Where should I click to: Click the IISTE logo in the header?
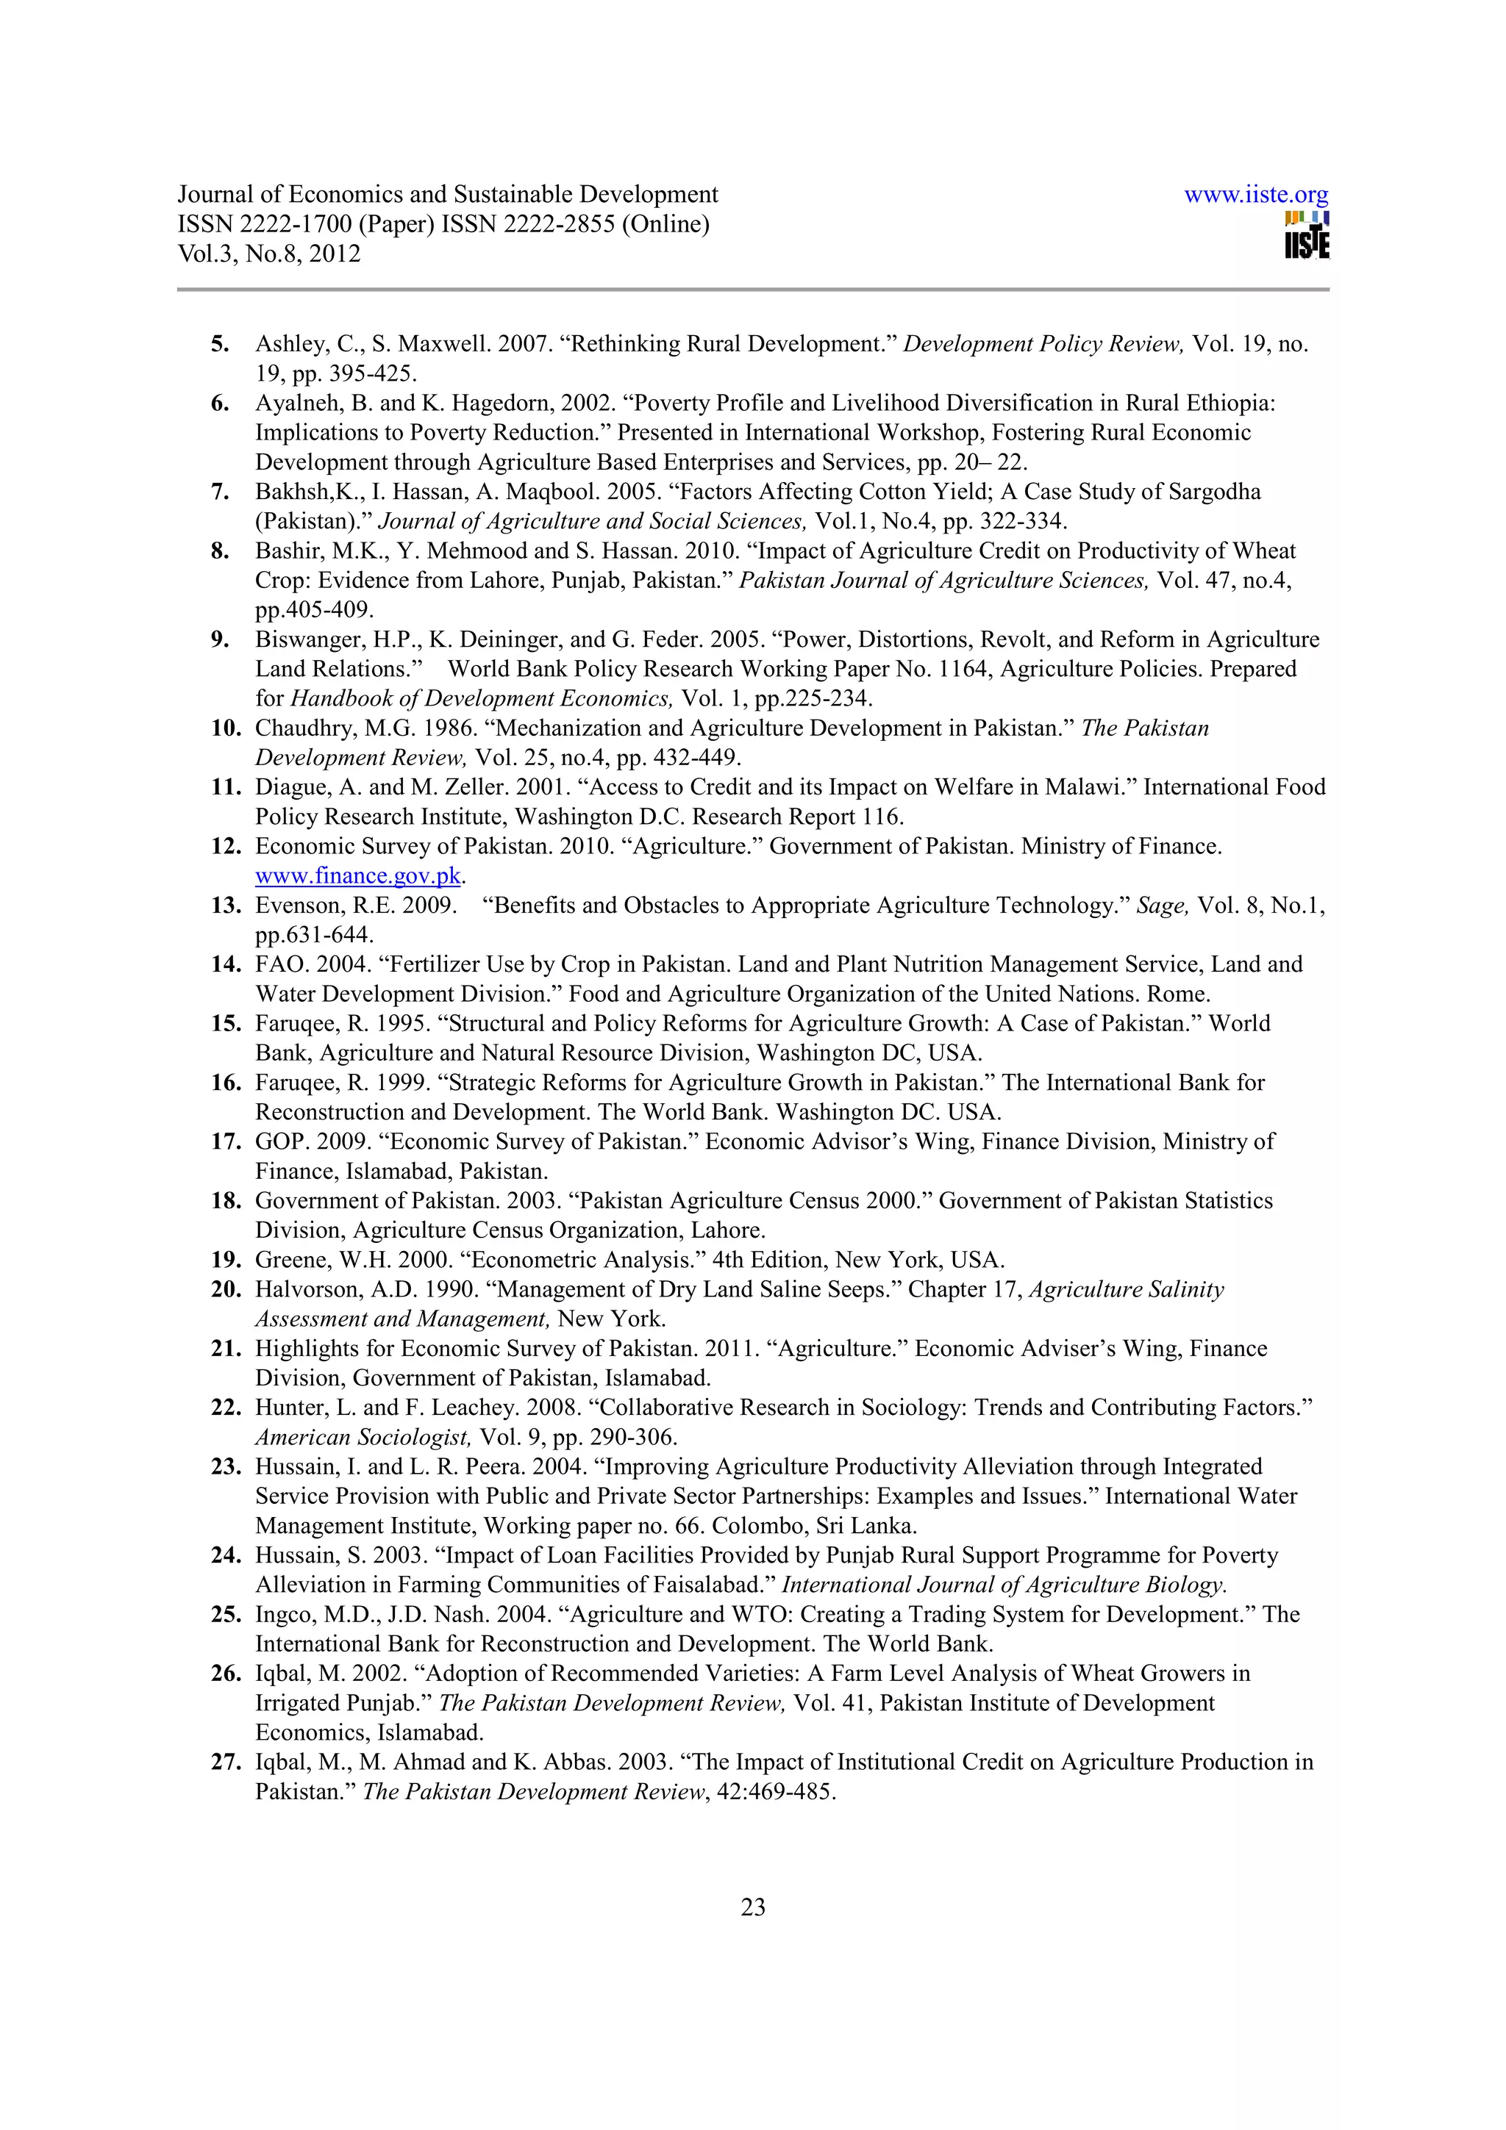(1307, 237)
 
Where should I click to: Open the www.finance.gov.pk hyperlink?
(358, 876)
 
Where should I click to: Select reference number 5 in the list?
(220, 344)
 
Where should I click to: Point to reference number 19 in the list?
(226, 1260)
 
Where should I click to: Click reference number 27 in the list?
(226, 1762)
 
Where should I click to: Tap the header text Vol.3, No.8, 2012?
(269, 254)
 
